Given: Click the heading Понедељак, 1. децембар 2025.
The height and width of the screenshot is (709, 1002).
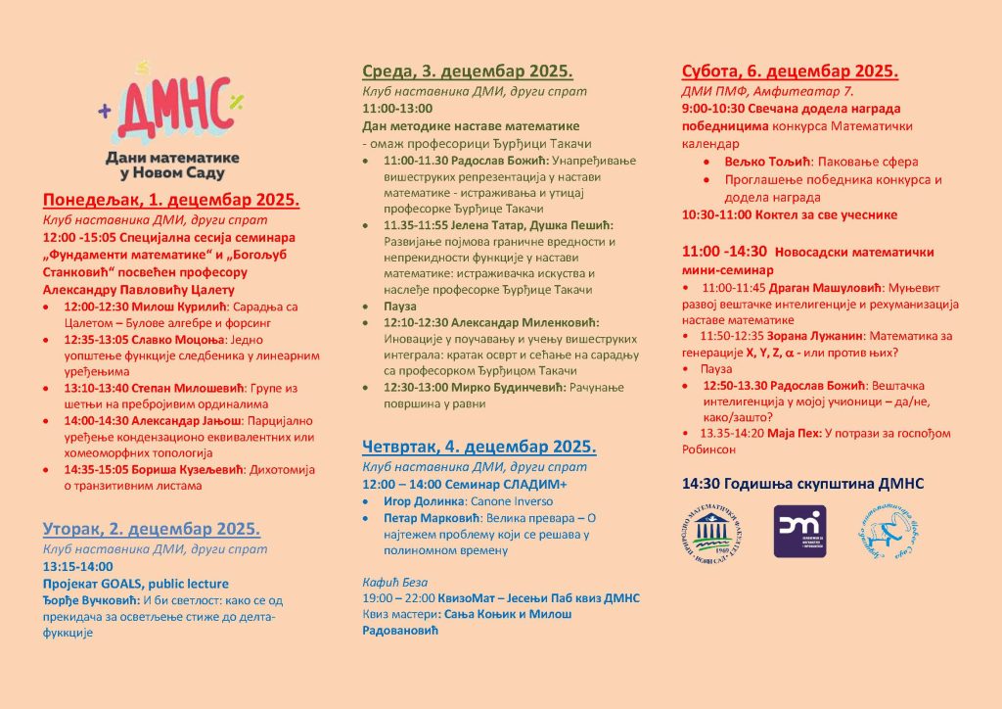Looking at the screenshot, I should coord(170,201).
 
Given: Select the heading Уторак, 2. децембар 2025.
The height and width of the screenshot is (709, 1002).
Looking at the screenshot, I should coord(152,529).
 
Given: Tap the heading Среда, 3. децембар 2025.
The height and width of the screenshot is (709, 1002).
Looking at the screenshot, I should coord(467,71).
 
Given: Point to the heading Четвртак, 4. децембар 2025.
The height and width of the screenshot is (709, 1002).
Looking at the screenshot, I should coord(478,447).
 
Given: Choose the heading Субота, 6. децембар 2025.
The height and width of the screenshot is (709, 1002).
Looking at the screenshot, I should coord(790,71).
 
